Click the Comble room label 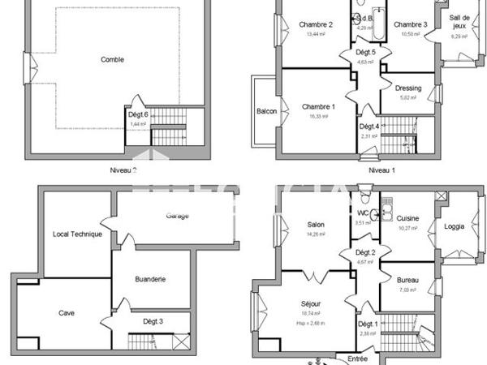[x=113, y=59]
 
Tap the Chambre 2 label [x=316, y=24]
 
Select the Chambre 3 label [x=411, y=24]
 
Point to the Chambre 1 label [x=318, y=107]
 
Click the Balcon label [x=266, y=111]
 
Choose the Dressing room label [x=407, y=88]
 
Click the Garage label [x=178, y=216]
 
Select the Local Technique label [x=77, y=234]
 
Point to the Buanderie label [x=151, y=279]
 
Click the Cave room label [x=67, y=312]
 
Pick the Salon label [x=316, y=225]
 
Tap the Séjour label [x=311, y=303]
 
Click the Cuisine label [x=408, y=219]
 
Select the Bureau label [x=408, y=281]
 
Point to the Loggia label [x=455, y=226]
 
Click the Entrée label [x=357, y=358]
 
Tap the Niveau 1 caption [x=381, y=170]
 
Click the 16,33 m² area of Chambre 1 [x=317, y=117]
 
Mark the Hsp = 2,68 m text [x=311, y=322]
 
